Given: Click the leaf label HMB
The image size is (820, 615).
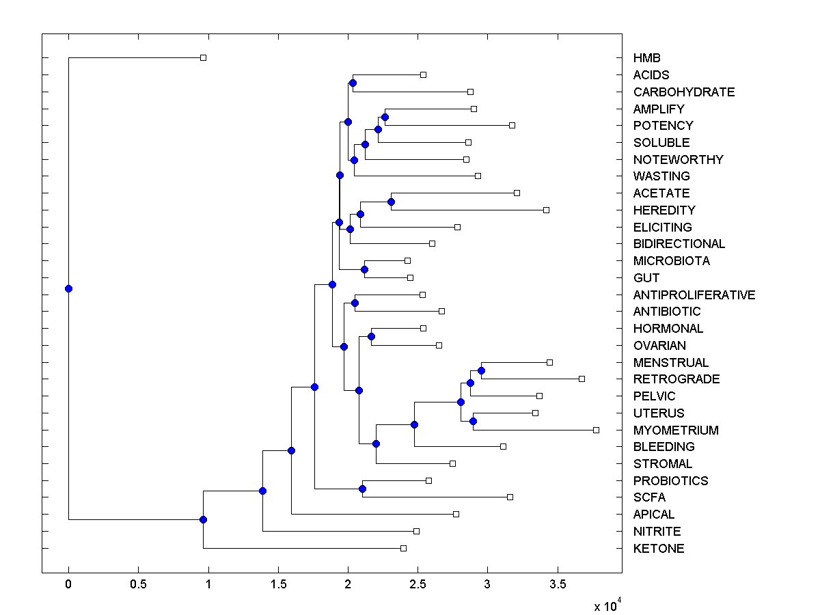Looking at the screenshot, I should click(646, 58).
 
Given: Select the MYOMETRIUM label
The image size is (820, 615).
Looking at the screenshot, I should click(675, 430).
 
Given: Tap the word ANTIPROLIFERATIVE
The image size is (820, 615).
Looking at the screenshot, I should click(694, 295).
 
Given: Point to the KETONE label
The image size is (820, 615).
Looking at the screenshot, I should click(658, 549).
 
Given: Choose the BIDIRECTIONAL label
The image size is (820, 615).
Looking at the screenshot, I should click(679, 244).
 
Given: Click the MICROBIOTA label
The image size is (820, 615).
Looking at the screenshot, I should click(671, 261).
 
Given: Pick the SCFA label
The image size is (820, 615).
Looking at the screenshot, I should click(649, 497).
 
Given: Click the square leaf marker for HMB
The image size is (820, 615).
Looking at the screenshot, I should click(203, 57).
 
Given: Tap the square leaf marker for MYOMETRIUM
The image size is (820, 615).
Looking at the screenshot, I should click(596, 430).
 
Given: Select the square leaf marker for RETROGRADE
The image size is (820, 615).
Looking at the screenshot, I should click(582, 379).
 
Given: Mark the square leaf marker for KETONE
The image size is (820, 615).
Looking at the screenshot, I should click(403, 548).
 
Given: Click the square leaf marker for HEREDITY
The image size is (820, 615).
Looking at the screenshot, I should click(546, 210).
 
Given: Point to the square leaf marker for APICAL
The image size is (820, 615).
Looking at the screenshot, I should click(456, 514).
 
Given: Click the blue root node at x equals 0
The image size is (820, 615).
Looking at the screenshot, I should click(68, 288).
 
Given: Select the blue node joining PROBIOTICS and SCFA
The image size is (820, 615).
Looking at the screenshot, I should click(362, 489).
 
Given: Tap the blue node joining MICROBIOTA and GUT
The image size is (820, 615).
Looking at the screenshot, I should click(364, 269).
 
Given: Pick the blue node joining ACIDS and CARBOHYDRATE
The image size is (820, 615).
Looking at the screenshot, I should click(353, 83).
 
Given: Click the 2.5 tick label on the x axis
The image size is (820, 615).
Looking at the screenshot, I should click(418, 584).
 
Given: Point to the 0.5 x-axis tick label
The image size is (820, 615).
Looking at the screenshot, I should click(138, 584).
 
